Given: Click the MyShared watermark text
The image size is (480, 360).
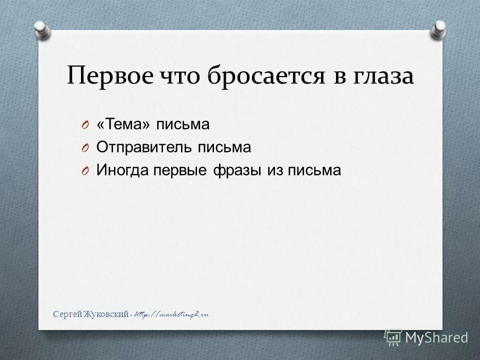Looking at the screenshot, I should tap(436, 337).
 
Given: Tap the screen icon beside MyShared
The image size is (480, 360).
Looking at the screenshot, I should tap(393, 337).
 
